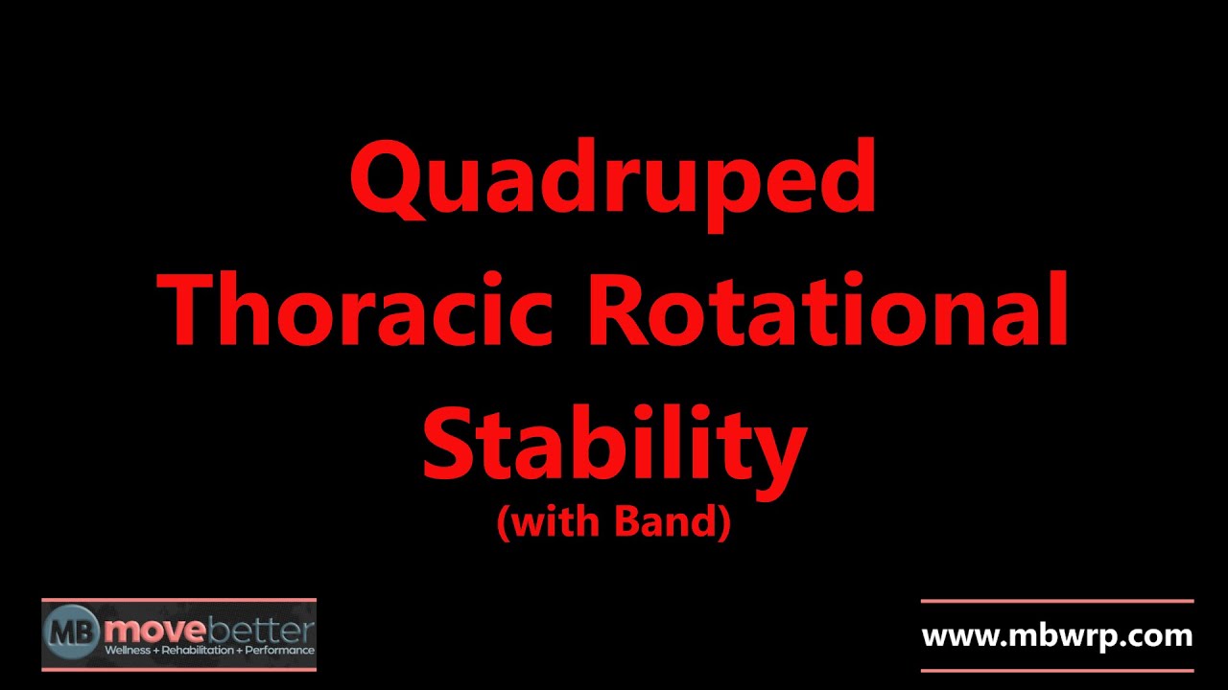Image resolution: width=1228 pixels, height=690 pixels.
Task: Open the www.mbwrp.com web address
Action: tap(1057, 635)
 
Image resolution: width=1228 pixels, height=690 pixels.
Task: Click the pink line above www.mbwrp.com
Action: tap(1057, 602)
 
